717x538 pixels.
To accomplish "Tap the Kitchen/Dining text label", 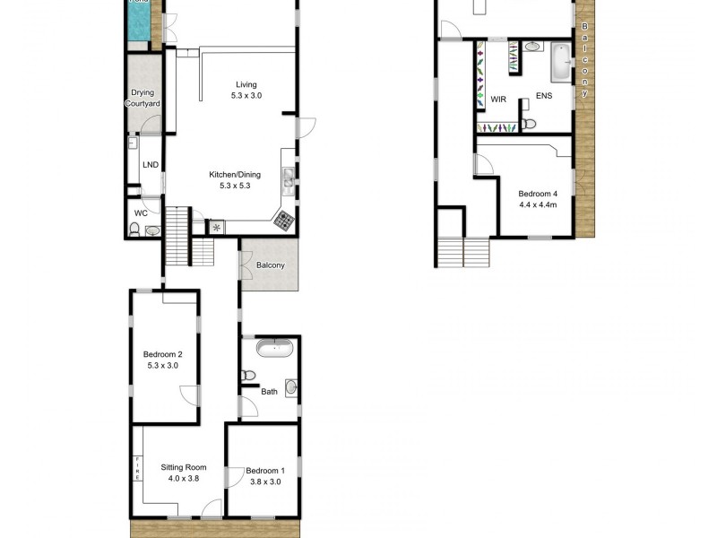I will [234, 175].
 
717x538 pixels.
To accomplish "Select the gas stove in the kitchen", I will [285, 220].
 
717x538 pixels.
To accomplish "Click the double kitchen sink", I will [289, 181].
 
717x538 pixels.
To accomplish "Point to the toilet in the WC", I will [134, 230].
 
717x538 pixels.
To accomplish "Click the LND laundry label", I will [150, 164].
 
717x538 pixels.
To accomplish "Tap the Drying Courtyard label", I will [143, 99].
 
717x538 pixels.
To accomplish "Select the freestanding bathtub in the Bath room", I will [270, 349].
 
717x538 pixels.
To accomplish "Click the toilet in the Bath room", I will [248, 375].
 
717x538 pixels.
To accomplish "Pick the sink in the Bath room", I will [291, 387].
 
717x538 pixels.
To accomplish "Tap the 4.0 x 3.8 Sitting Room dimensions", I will [184, 479].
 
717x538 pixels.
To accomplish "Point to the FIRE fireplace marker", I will [137, 468].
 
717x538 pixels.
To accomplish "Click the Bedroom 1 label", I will [264, 471].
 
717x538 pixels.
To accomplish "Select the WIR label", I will [499, 99].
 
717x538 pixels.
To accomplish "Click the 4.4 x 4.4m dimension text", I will [538, 204].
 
